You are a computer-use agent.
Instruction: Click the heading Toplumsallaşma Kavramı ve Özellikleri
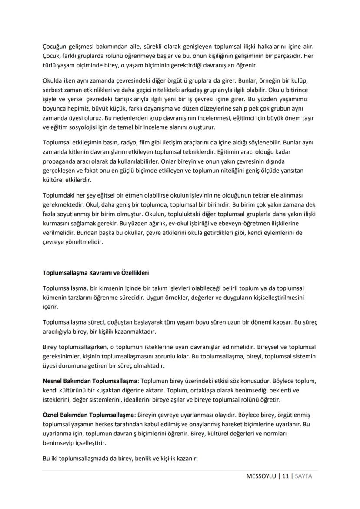click(96, 273)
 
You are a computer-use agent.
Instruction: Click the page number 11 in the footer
click(285, 476)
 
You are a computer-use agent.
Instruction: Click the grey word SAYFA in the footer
click(303, 476)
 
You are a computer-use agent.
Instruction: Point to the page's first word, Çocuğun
click(55, 47)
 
